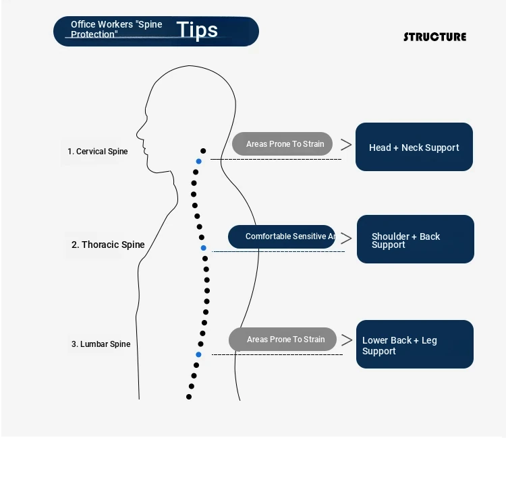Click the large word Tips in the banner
197,30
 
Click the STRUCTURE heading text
434,37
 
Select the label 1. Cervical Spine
97,152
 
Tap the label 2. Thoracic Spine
108,245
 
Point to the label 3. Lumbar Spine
101,344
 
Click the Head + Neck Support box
414,147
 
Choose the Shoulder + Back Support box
415,239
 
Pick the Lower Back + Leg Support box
414,344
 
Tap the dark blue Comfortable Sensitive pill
281,236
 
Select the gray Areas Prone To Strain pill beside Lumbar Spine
282,340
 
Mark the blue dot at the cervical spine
198,162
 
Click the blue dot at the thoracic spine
203,248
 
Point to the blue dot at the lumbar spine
199,354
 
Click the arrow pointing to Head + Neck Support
346,144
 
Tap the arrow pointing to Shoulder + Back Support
346,238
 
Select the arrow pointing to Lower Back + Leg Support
347,340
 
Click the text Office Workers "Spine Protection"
116,30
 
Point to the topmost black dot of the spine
203,151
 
